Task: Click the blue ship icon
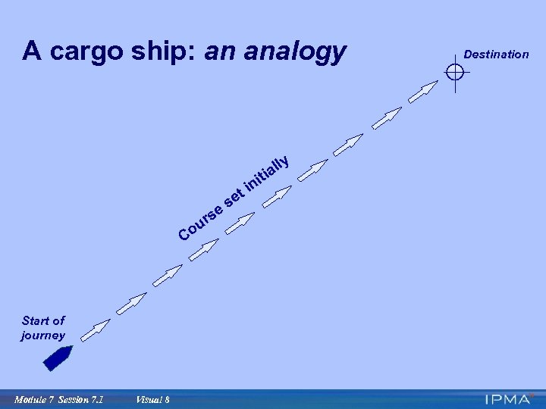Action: coord(58,357)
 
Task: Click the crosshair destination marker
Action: coord(455,73)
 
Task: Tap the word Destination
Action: coord(496,55)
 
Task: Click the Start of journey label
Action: coord(43,328)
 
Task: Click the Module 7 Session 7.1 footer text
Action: coord(58,399)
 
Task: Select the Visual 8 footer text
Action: coord(152,399)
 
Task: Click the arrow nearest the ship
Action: coord(94,330)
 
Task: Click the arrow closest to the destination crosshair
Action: coord(423,92)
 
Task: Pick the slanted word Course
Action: coord(201,220)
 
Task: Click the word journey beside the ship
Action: coord(43,336)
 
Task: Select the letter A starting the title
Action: coord(31,52)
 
